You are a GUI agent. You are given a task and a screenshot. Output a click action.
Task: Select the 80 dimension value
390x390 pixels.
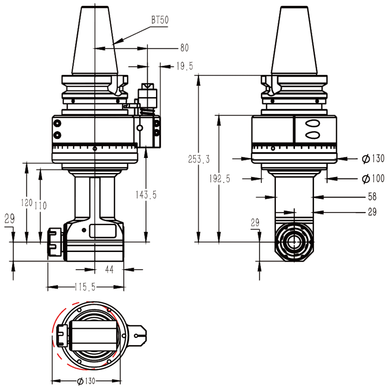pyautogui.click(x=184, y=48)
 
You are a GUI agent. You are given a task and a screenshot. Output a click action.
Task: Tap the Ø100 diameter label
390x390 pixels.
pyautogui.click(x=373, y=178)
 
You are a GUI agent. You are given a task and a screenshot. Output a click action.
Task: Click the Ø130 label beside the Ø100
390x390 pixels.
pyautogui.click(x=373, y=158)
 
